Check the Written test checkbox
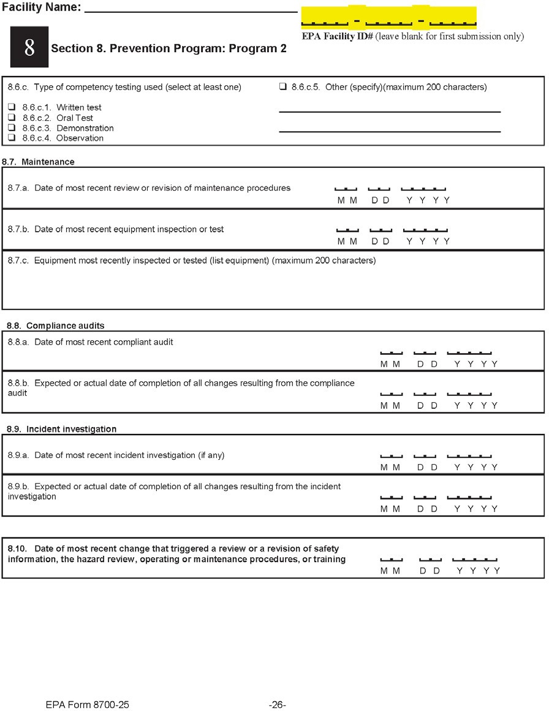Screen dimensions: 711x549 [12, 107]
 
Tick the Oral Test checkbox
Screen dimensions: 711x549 [12, 118]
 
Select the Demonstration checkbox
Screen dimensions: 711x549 [12, 128]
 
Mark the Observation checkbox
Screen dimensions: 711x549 [12, 138]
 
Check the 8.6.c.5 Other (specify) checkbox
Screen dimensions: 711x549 [283, 87]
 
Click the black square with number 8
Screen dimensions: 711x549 [29, 47]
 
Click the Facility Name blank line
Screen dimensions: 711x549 [191, 10]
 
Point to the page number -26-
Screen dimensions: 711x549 [278, 705]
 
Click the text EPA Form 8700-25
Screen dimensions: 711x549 [87, 705]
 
